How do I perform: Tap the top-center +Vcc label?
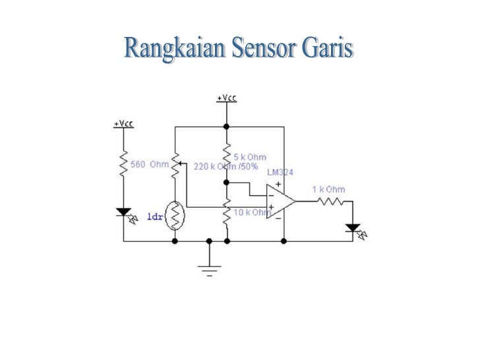[226, 98]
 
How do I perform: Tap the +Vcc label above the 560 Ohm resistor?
[123, 123]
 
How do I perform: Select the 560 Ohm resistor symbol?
[123, 165]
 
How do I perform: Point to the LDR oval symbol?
[175, 215]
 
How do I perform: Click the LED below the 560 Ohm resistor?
[123, 213]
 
